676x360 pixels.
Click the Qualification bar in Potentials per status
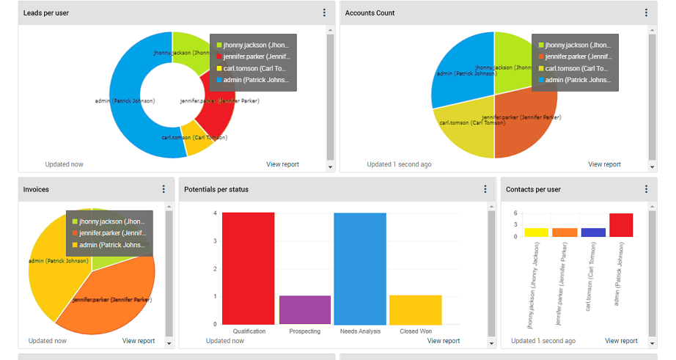(249, 268)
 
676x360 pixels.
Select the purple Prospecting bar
(304, 309)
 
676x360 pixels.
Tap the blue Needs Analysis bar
(360, 268)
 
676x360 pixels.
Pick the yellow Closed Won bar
(415, 309)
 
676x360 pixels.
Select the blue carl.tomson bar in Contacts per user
(592, 232)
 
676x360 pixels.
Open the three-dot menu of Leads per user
(324, 13)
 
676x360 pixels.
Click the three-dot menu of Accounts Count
(646, 13)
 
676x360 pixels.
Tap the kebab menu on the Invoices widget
(164, 189)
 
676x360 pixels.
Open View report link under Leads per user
(282, 164)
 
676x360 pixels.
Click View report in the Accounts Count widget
(604, 164)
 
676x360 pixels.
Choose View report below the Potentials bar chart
(444, 340)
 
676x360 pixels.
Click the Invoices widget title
(36, 189)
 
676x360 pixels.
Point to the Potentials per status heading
(216, 189)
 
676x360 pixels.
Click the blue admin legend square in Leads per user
(218, 80)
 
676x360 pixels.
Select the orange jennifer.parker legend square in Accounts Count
(540, 56)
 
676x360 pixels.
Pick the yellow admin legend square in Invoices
(74, 245)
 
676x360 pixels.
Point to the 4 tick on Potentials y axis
(215, 213)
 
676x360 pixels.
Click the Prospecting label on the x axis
(304, 331)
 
